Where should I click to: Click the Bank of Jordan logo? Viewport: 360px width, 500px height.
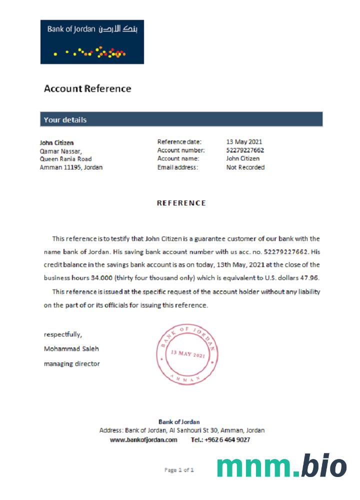[x=92, y=42]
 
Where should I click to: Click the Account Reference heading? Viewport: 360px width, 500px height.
[x=87, y=89]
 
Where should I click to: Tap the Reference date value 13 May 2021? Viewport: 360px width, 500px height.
[x=244, y=142]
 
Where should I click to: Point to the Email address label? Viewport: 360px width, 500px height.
[x=177, y=167]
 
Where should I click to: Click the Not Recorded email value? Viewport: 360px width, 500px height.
[x=245, y=167]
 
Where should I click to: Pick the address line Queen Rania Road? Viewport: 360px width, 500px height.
[x=65, y=159]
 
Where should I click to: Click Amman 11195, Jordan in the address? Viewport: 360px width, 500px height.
[x=71, y=167]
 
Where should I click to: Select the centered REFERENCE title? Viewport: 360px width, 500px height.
[x=181, y=203]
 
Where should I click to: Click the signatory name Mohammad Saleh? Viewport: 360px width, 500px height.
[x=71, y=348]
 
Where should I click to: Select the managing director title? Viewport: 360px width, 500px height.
[x=71, y=363]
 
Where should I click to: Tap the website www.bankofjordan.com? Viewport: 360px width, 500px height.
[x=143, y=440]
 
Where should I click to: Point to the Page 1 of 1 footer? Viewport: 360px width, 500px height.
[x=179, y=470]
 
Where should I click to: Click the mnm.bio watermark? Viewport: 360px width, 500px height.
[x=281, y=466]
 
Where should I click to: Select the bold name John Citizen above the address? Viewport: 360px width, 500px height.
[x=56, y=142]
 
